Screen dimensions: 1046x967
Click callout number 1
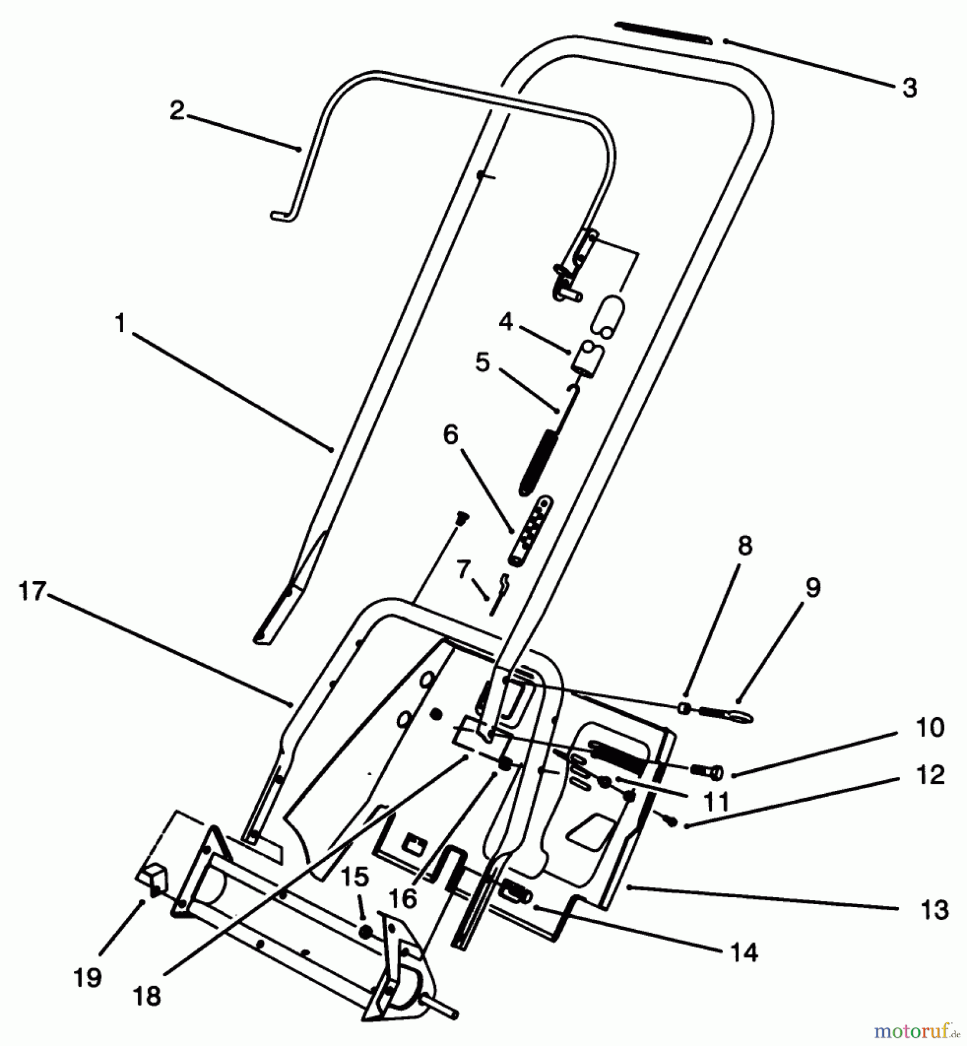pyautogui.click(x=120, y=323)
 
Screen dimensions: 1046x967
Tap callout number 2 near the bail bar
pyautogui.click(x=177, y=110)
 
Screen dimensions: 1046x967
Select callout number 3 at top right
pyautogui.click(x=909, y=88)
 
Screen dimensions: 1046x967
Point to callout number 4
pyautogui.click(x=506, y=321)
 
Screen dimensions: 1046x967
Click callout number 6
pyautogui.click(x=450, y=434)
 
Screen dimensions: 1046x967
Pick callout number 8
pyautogui.click(x=744, y=545)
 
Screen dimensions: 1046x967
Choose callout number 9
pyautogui.click(x=812, y=588)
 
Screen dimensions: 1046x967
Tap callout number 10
pyautogui.click(x=930, y=728)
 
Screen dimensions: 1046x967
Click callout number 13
pyautogui.click(x=934, y=909)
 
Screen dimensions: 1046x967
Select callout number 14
pyautogui.click(x=744, y=952)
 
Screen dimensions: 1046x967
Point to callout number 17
pyautogui.click(x=32, y=591)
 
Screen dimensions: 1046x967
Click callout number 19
pyautogui.click(x=88, y=977)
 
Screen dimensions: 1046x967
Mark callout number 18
pyautogui.click(x=146, y=996)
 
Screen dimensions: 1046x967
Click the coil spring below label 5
pyautogui.click(x=536, y=462)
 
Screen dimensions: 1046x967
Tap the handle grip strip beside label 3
pyautogui.click(x=662, y=32)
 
